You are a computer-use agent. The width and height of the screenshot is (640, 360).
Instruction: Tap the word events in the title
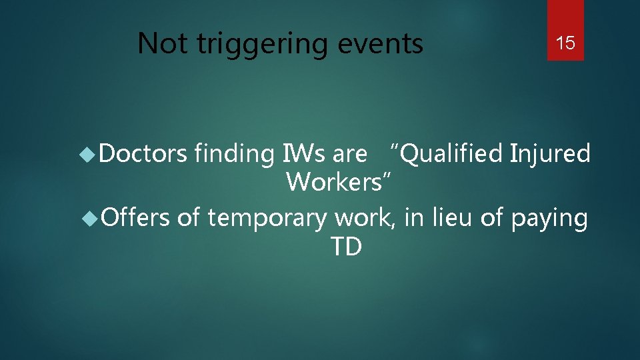point(382,44)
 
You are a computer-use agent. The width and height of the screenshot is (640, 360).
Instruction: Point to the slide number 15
point(565,44)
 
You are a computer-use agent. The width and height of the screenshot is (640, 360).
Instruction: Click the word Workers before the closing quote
point(335,181)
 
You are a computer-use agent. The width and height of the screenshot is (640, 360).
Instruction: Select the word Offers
point(137,217)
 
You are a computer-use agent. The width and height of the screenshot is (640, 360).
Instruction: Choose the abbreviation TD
point(346,247)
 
